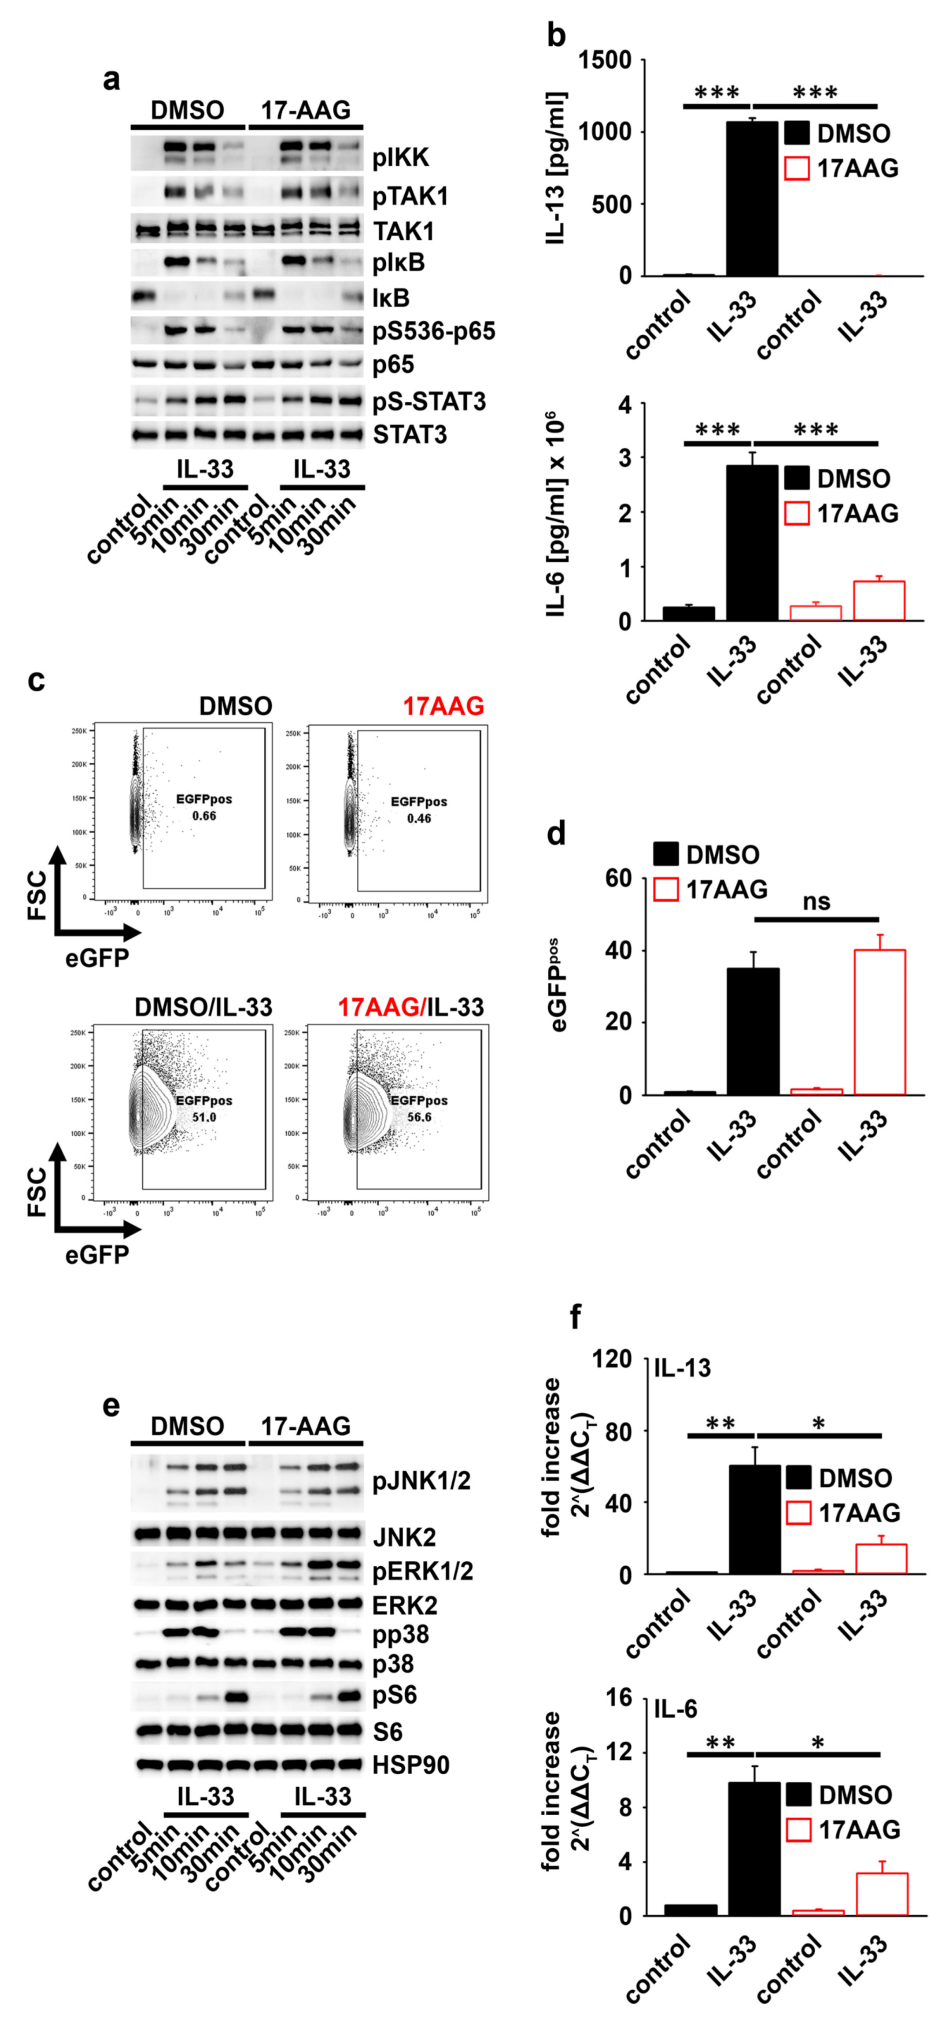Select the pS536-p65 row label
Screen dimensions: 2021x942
433,331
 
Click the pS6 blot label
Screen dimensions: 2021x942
395,1695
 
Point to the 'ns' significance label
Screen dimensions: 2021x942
816,901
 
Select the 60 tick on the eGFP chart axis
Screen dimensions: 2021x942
618,879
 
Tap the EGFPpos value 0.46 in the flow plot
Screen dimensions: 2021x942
419,818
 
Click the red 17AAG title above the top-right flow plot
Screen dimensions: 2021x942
443,706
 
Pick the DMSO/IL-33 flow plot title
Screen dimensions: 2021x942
203,1007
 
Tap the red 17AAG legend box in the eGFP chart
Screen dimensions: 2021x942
666,889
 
